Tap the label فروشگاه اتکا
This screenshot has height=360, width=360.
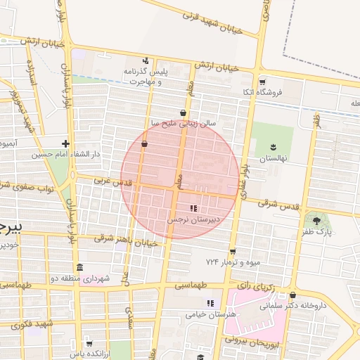(281, 91)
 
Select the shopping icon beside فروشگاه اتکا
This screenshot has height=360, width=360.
(262, 81)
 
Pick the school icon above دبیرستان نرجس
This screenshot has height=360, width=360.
(193, 208)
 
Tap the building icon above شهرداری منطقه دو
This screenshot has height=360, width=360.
(79, 267)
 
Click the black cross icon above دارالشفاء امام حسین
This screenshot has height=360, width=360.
(66, 143)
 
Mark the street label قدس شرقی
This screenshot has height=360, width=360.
(278, 204)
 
